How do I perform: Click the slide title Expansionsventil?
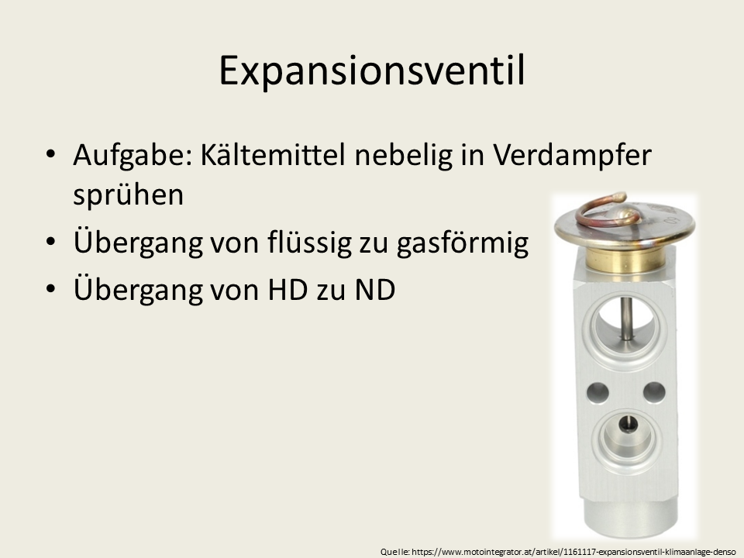(x=372, y=71)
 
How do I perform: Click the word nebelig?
(x=404, y=155)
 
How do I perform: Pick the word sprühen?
(x=128, y=194)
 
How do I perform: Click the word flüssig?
(x=308, y=242)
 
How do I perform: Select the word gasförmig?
(x=463, y=242)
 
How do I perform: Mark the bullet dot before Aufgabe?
(x=51, y=154)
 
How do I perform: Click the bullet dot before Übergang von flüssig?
(x=51, y=241)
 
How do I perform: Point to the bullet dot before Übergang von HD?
(x=51, y=288)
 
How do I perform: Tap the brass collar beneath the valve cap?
(x=625, y=260)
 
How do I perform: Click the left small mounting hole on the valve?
(x=598, y=393)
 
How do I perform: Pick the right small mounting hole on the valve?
(x=654, y=392)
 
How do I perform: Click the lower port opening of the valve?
(x=627, y=435)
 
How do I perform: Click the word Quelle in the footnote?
(x=394, y=552)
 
